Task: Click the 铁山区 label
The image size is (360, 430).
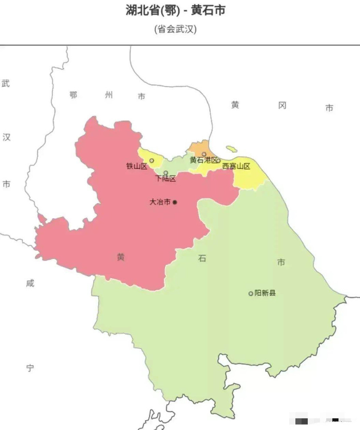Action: pos(137,166)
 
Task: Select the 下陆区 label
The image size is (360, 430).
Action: pos(166,179)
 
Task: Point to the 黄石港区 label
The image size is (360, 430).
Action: pos(203,160)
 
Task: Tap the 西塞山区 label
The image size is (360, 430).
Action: pos(236,166)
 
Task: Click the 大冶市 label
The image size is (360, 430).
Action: pos(160,202)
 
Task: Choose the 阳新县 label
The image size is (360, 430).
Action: pos(265,293)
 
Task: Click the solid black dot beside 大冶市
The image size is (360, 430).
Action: pos(175,202)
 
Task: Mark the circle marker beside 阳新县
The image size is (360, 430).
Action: pos(250,294)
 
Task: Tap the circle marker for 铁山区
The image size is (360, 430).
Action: pos(151,161)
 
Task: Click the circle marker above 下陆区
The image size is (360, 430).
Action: pos(166,173)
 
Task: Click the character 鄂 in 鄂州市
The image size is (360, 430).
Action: pos(73,95)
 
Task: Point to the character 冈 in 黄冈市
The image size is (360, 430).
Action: pos(282,106)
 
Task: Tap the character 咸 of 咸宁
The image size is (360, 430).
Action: pos(30,283)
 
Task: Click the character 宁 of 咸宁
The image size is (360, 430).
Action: pos(30,368)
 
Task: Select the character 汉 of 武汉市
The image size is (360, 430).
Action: pos(6,137)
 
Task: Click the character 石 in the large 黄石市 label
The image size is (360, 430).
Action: pos(202,258)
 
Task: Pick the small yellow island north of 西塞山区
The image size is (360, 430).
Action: pos(231,149)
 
